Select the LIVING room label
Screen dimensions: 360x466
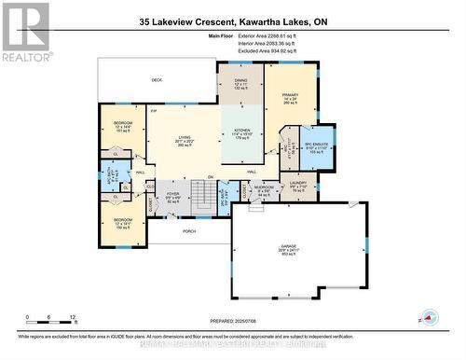coord(185,140)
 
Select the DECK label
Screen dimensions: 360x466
coord(158,80)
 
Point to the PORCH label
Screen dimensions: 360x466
coord(189,231)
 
